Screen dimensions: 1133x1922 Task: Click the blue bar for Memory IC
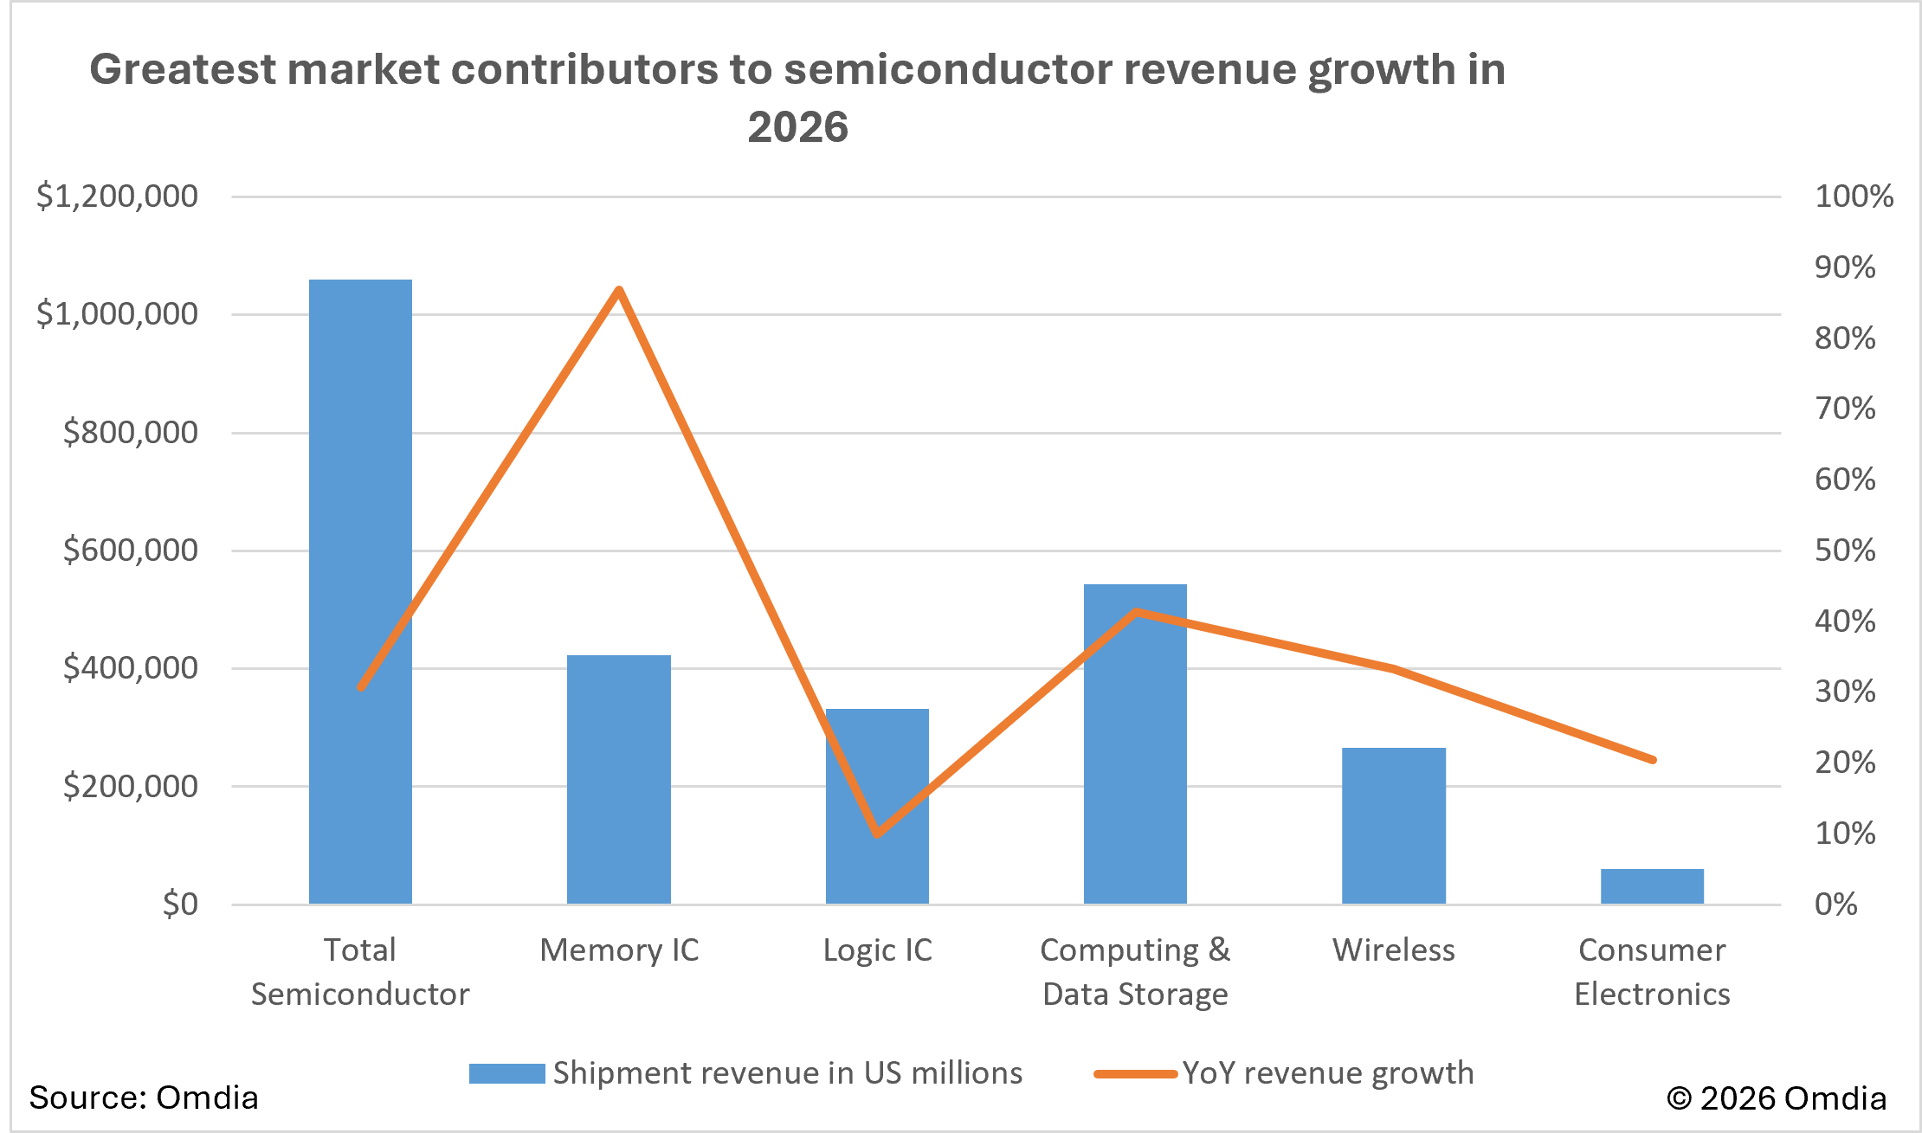[x=618, y=779]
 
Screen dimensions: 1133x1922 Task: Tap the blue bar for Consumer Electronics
[x=1651, y=886]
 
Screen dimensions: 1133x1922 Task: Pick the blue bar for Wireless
[x=1393, y=827]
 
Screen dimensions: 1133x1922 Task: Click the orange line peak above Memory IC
[x=618, y=291]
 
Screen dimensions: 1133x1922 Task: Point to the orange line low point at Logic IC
[x=877, y=834]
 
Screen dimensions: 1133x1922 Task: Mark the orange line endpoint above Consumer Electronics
[x=1652, y=760]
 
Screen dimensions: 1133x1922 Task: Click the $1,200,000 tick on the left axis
[x=117, y=196]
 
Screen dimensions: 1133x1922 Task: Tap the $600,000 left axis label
[x=130, y=550]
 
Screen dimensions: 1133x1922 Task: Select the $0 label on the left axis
[x=180, y=904]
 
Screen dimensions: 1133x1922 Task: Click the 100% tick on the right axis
[x=1854, y=196]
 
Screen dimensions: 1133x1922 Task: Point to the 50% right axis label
[x=1845, y=550]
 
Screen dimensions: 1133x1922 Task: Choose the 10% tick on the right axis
[x=1845, y=834]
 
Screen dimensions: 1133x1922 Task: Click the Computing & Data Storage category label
[x=1135, y=972]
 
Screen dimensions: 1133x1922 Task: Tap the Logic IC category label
[x=877, y=950]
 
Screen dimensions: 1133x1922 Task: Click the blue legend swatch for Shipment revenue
[x=506, y=1073]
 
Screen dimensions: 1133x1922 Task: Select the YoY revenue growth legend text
[x=1327, y=1073]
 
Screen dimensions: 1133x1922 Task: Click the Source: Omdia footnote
[x=144, y=1098]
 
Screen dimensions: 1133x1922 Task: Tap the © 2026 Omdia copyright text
[x=1776, y=1098]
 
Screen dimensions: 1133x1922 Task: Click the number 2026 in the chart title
[x=797, y=127]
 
